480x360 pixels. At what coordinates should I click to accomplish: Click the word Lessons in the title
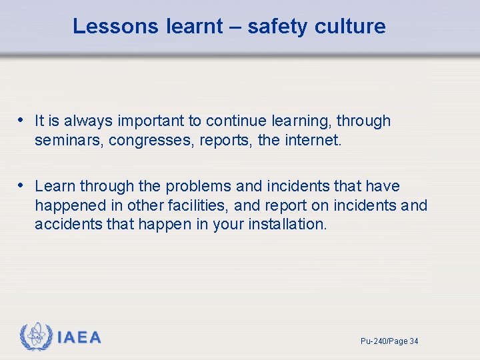[x=114, y=26]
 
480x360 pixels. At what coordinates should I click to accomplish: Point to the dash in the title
[x=236, y=26]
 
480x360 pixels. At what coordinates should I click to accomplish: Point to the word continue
[x=234, y=121]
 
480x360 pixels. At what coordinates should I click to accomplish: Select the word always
[x=89, y=121]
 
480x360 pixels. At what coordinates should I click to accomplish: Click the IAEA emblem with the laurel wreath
[x=36, y=337]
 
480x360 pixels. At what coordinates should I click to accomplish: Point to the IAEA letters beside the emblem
[x=79, y=338]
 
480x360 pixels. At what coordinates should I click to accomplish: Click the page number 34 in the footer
[x=413, y=341]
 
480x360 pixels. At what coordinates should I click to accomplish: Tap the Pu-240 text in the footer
[x=373, y=341]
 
